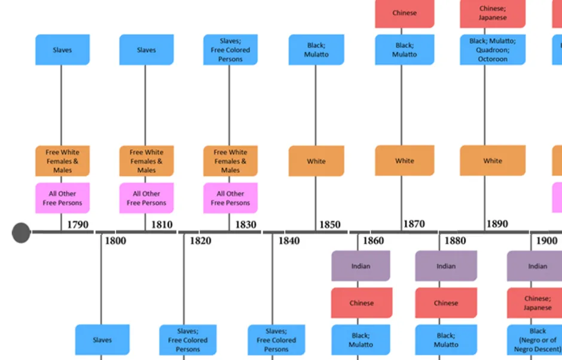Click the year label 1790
[78, 225]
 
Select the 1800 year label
[115, 241]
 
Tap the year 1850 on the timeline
[329, 225]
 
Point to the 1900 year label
[546, 241]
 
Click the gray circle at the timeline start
[21, 233]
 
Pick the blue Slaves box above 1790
[62, 50]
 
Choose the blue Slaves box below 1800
[102, 340]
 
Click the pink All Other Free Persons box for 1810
[146, 198]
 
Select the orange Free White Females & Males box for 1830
[230, 161]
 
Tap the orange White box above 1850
[316, 161]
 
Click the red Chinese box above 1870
[405, 13]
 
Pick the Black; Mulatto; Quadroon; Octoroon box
[493, 50]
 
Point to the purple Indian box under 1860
[361, 266]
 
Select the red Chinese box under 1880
[446, 303]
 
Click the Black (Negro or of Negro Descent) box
[537, 340]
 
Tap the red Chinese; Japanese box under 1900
[537, 303]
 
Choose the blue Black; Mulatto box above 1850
[316, 50]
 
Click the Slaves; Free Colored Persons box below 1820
[188, 340]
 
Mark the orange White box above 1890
[493, 160]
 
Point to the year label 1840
[289, 241]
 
